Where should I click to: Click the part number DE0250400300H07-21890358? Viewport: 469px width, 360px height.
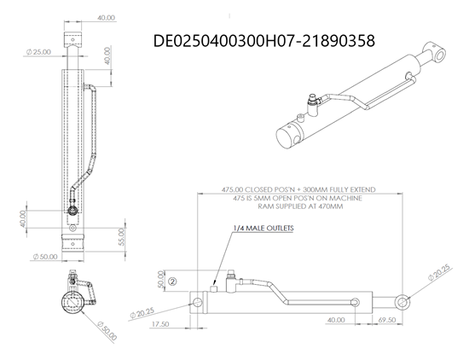(263, 39)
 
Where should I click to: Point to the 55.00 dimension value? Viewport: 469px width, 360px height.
(122, 236)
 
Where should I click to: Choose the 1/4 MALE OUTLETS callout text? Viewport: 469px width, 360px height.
(263, 229)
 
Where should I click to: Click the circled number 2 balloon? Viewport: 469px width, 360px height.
(171, 280)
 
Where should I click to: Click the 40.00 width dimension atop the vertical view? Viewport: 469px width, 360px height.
(106, 17)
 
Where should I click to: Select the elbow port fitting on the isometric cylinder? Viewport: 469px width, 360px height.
(314, 105)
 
